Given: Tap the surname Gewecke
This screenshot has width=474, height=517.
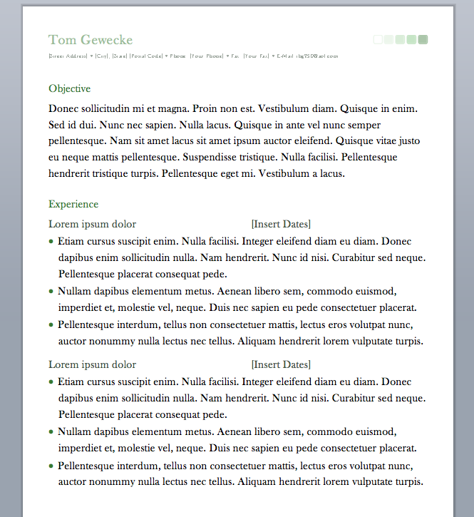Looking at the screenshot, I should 107,40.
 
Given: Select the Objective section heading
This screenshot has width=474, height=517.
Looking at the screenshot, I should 69,89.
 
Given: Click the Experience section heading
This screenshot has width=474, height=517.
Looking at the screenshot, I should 73,205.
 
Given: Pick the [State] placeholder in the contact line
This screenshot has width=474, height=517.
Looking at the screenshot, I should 119,56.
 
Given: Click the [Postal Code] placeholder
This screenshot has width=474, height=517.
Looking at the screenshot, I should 146,56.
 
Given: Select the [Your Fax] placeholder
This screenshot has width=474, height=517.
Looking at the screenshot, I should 257,56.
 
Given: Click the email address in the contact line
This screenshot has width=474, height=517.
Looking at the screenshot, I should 317,56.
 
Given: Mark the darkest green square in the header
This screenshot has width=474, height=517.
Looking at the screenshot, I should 423,40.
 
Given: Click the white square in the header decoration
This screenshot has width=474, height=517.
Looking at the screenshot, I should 378,40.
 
